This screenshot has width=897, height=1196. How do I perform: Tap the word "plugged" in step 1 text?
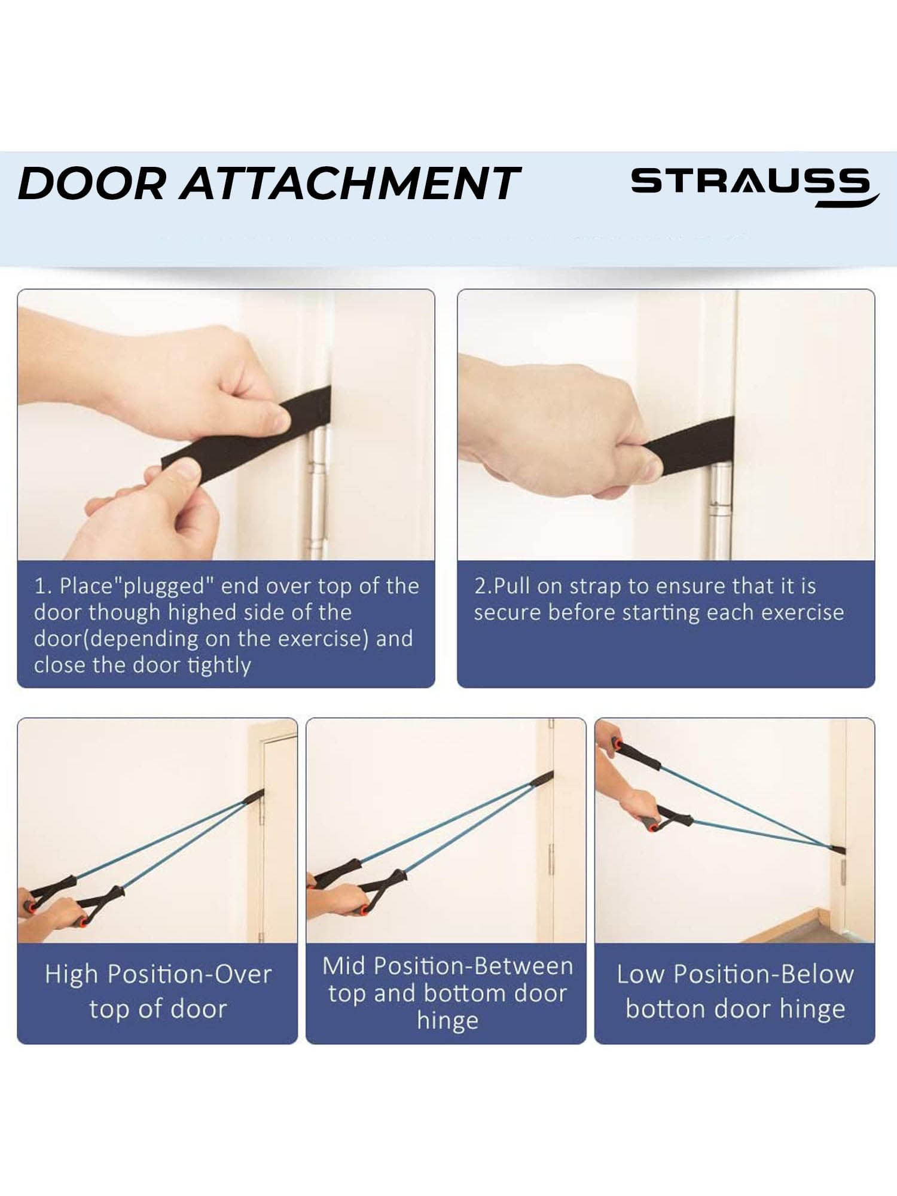click(x=167, y=587)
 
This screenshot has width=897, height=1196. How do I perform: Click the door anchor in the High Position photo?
click(x=254, y=798)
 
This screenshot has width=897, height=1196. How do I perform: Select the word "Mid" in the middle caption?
click(x=345, y=966)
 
